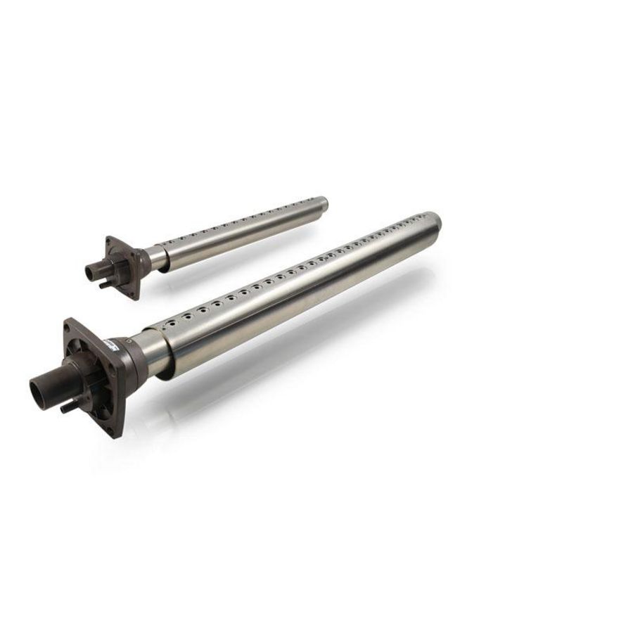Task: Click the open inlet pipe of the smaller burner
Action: click(x=91, y=269)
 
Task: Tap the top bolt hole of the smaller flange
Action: click(x=108, y=241)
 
